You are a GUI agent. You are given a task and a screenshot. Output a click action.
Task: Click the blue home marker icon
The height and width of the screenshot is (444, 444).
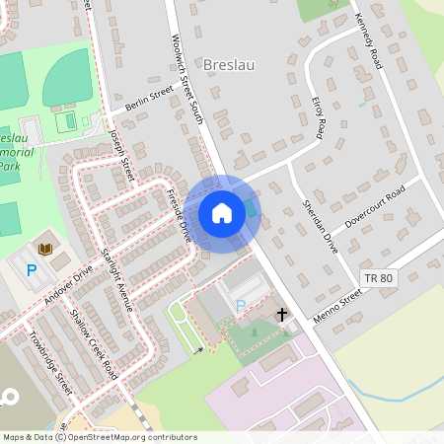222,213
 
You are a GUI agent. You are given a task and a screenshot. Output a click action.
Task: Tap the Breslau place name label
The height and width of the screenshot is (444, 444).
228,65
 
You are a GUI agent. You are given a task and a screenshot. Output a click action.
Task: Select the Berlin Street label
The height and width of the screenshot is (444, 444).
149,99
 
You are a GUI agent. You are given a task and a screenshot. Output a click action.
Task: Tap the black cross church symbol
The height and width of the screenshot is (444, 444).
282,315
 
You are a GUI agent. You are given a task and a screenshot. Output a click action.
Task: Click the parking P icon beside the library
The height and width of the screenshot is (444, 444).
32,269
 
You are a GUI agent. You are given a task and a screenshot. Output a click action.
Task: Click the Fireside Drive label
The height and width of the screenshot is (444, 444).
179,215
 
